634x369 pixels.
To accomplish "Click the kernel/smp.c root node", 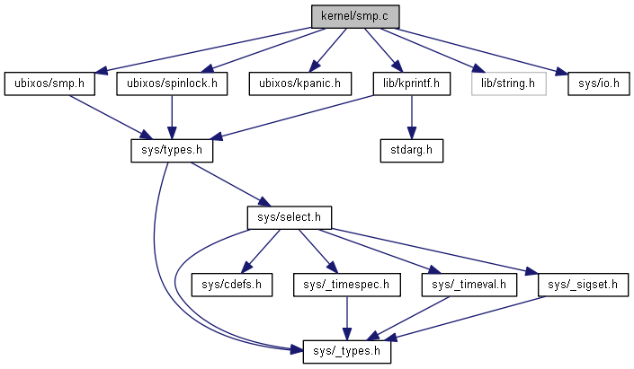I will coord(353,16).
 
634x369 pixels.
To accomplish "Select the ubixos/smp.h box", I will coord(49,83).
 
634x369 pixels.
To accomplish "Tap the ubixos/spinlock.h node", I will coord(171,83).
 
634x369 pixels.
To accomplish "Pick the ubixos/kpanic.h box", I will coord(299,83).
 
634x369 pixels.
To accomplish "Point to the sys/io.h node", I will coord(597,83).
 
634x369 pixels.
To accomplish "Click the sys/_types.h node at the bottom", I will coord(347,350).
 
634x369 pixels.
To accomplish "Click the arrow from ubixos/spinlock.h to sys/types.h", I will coord(171,117).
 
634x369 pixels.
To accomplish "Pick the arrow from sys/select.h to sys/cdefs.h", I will coord(261,250).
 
